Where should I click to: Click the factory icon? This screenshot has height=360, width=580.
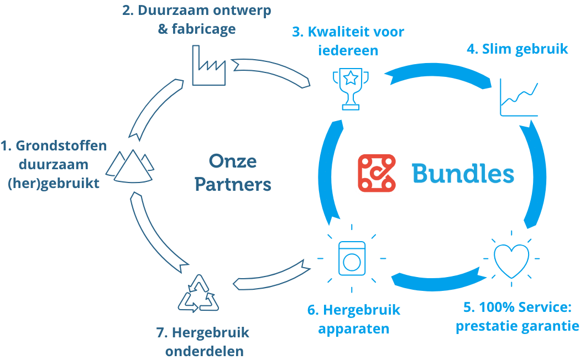pyautogui.click(x=208, y=65)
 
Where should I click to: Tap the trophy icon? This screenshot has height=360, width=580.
pyautogui.click(x=351, y=89)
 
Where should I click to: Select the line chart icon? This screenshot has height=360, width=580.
pyautogui.click(x=519, y=97)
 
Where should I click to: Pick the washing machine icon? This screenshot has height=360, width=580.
pyautogui.click(x=352, y=259)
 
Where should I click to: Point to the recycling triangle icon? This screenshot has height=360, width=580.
pyautogui.click(x=198, y=294)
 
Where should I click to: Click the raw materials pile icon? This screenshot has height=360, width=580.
pyautogui.click(x=130, y=166)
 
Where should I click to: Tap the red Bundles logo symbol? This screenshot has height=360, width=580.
pyautogui.click(x=377, y=173)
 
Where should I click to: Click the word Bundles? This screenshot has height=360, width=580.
pyautogui.click(x=463, y=174)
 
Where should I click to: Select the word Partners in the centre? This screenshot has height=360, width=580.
pyautogui.click(x=233, y=184)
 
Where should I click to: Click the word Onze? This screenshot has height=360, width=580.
pyautogui.click(x=233, y=161)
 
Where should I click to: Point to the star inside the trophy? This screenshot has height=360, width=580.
pyautogui.click(x=351, y=78)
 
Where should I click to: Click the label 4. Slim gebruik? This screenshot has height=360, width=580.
pyautogui.click(x=517, y=49)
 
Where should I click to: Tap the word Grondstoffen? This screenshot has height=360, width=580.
pyautogui.click(x=61, y=145)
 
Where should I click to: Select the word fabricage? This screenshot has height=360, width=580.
pyautogui.click(x=204, y=29)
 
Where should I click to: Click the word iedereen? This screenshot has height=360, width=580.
pyautogui.click(x=348, y=50)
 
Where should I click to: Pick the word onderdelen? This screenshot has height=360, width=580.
pyautogui.click(x=205, y=351)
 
